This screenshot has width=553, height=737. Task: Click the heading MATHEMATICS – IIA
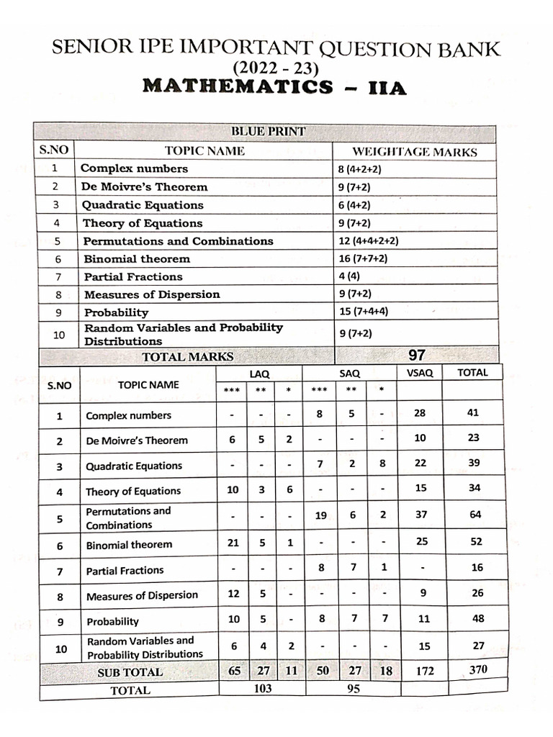(x=275, y=88)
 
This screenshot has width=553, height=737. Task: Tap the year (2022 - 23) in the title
(x=275, y=68)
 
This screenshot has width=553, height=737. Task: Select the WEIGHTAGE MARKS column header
(x=414, y=152)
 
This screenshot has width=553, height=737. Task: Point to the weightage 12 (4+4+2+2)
(x=368, y=241)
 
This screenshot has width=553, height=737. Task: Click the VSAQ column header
(x=420, y=373)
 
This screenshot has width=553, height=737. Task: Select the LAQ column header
(x=259, y=374)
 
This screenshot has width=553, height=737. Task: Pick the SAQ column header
(x=349, y=374)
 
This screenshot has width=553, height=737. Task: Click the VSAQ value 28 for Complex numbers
(x=421, y=412)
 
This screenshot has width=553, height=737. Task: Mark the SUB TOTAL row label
(x=130, y=672)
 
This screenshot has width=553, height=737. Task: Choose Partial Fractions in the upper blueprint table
(x=133, y=276)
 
